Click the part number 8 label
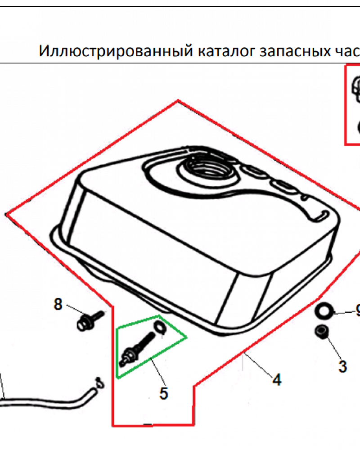pyautogui.click(x=58, y=305)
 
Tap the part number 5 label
pyautogui.click(x=164, y=393)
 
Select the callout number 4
pyautogui.click(x=277, y=380)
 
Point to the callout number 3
pyautogui.click(x=342, y=366)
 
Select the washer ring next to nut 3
pyautogui.click(x=324, y=310)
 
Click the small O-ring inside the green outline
pyautogui.click(x=160, y=327)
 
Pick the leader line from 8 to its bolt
pyautogui.click(x=73, y=310)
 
